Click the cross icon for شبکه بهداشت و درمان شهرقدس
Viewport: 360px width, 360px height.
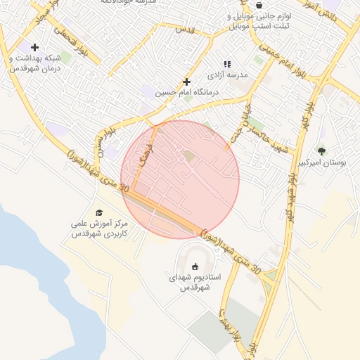34,47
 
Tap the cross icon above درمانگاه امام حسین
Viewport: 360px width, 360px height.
186,82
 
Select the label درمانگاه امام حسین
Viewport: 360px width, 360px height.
188,92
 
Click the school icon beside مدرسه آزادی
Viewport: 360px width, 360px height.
227,64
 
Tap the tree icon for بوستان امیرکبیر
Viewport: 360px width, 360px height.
321,150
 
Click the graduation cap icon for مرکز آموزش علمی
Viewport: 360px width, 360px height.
99,212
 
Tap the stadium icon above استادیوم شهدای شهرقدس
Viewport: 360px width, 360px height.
195,266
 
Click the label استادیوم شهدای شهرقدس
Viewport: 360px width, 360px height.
195,283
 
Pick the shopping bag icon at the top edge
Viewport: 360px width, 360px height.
259,5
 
